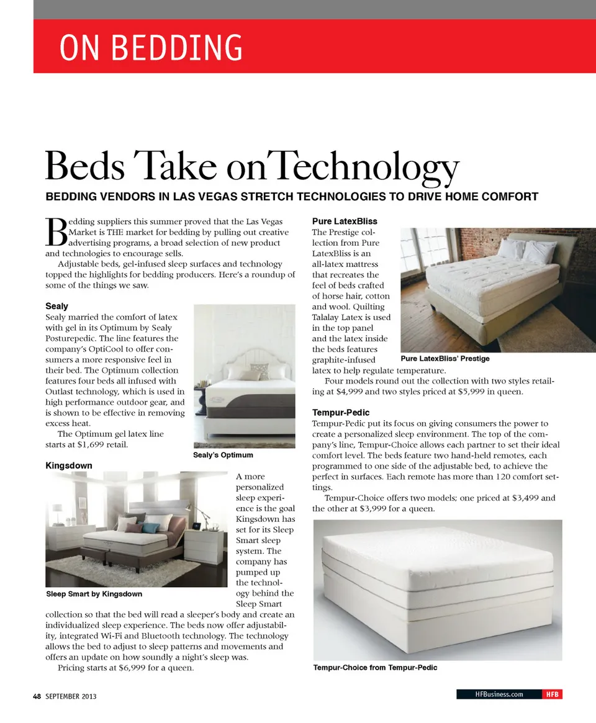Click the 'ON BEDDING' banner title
coord(151,48)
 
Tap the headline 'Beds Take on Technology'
coord(252,166)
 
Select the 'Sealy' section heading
coord(57,306)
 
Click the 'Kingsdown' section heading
coord(69,465)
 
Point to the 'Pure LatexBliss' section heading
coord(345,221)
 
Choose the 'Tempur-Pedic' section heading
coord(341,412)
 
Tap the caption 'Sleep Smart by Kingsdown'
coord(94,594)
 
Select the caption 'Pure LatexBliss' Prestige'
coord(445,359)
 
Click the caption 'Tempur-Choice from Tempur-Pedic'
coord(375,668)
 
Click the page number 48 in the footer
coord(37,696)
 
